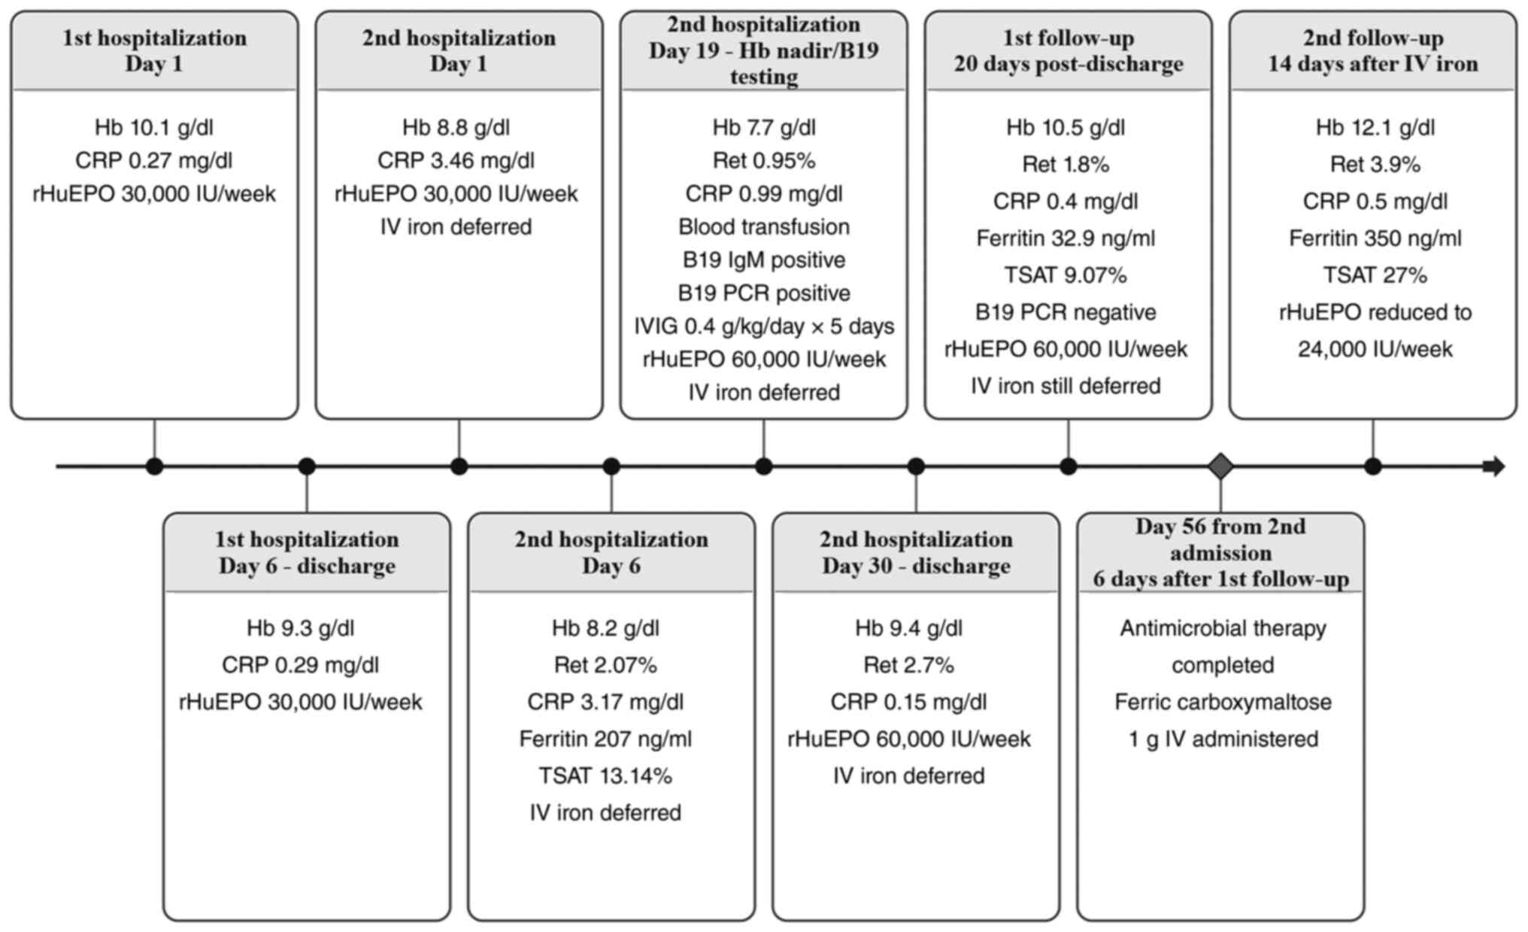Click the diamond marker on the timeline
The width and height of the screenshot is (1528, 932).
coord(1220,466)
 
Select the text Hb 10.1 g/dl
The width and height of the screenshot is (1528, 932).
coord(154,127)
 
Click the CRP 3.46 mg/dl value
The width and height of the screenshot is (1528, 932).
coord(456,160)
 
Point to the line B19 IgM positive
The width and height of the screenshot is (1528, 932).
coord(764,260)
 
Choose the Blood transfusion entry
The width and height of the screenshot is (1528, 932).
coord(764,226)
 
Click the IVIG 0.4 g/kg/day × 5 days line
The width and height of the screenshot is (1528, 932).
coord(764,326)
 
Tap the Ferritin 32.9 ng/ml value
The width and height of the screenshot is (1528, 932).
coord(1066,238)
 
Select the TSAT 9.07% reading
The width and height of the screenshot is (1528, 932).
coord(1066,275)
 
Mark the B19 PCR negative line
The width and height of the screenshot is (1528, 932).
coord(1066,312)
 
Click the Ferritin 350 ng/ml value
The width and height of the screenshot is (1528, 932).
coord(1375,238)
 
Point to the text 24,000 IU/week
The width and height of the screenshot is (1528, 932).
coord(1375,349)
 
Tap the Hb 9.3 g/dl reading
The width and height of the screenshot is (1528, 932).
coord(301,628)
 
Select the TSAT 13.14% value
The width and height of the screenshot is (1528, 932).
coord(605,776)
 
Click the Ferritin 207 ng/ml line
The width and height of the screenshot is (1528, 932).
coord(605,739)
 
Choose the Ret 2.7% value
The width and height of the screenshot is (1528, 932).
coord(908,665)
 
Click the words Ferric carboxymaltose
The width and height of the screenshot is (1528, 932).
coord(1223,702)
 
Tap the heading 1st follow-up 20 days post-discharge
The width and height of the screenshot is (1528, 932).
coord(1069,50)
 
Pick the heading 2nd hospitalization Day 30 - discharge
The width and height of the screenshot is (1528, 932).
coord(916,552)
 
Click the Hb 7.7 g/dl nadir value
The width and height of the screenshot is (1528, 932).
coord(764,127)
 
